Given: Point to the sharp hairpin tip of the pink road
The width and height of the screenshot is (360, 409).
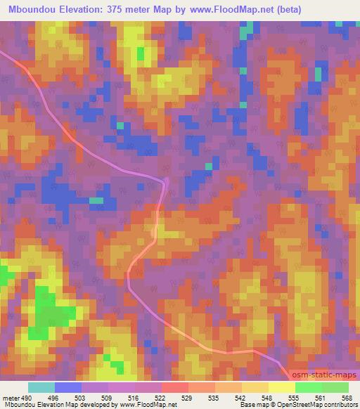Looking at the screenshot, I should (167, 181).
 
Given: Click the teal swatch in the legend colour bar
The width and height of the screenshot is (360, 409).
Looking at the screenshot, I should (41, 387).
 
